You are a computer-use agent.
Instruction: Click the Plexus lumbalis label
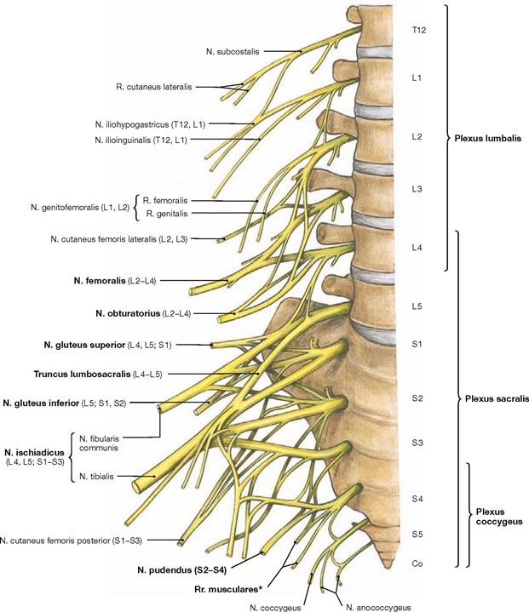click(486, 138)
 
